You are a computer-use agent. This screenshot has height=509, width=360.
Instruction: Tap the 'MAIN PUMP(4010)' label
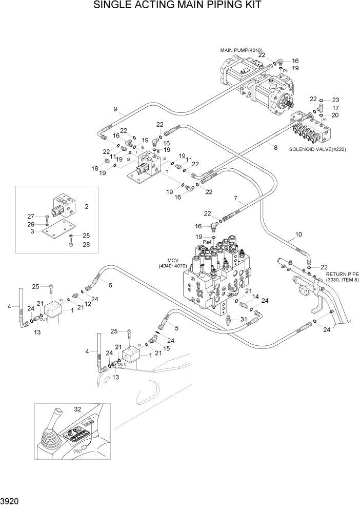(x=241, y=50)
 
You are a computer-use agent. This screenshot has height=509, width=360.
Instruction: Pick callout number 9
(x=115, y=109)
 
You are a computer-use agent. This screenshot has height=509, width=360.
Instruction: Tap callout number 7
(x=235, y=198)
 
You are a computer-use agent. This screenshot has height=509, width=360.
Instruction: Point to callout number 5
(x=176, y=328)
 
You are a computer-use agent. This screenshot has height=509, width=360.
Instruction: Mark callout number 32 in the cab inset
(x=78, y=409)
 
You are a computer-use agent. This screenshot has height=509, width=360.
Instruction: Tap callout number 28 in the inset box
(x=86, y=244)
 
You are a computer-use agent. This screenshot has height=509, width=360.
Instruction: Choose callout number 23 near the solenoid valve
(x=335, y=100)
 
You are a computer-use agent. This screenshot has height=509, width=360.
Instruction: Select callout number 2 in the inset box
(x=87, y=207)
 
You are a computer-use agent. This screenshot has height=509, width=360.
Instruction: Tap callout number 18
(x=95, y=168)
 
